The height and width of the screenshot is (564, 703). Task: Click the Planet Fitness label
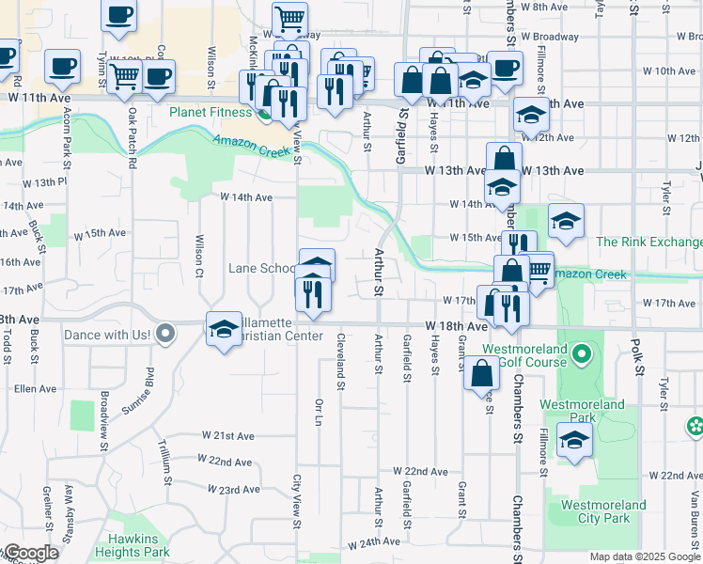[211, 113]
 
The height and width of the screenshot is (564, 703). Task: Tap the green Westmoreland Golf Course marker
[581, 354]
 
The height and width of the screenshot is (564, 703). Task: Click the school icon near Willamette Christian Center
[224, 330]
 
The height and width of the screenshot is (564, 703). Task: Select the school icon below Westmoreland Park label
[573, 440]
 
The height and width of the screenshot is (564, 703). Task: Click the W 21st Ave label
[227, 436]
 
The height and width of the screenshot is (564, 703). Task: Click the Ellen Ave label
[35, 388]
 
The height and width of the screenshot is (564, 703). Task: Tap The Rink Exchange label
[648, 242]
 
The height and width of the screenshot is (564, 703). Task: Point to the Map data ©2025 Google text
[645, 556]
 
